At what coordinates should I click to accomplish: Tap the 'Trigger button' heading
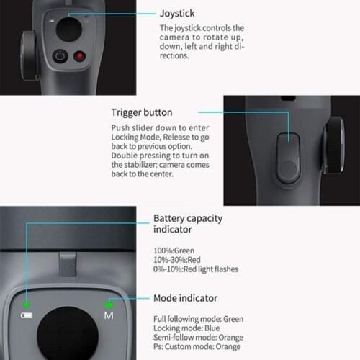tap(141, 112)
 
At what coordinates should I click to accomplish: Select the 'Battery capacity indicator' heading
tap(188, 223)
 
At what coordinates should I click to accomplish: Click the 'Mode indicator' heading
tap(186, 298)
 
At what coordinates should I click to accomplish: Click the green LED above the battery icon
tap(27, 304)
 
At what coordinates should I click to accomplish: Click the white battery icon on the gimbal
tap(26, 315)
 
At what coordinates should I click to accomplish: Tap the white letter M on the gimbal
tap(109, 316)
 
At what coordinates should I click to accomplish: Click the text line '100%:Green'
tap(175, 250)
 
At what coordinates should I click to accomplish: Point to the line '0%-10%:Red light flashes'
tap(196, 269)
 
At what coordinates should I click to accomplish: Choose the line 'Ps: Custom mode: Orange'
tap(198, 346)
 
